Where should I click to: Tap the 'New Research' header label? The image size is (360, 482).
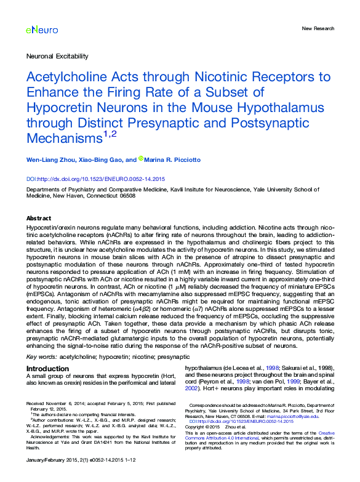(318, 29)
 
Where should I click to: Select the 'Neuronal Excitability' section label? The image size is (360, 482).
(57, 56)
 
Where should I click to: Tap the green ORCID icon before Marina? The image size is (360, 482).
(140, 159)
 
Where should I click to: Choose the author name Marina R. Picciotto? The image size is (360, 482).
(174, 159)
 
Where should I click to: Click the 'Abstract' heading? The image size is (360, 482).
(39, 219)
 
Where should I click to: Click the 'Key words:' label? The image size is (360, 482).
(41, 356)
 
